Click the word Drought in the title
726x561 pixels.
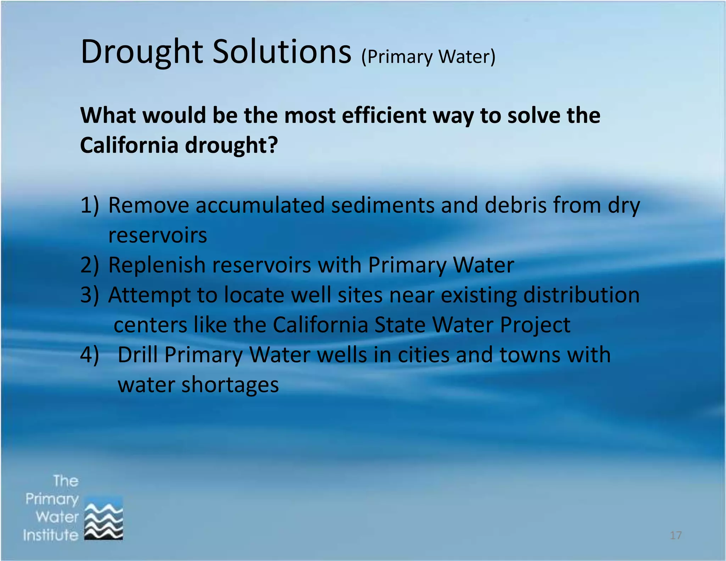[x=141, y=52]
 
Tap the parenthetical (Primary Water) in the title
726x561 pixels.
[x=428, y=57]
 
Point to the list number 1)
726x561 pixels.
[x=89, y=205]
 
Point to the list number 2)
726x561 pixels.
[x=89, y=265]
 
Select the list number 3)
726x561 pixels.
[x=89, y=295]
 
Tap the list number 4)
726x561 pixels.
[x=89, y=355]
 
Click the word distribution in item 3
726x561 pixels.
[x=581, y=295]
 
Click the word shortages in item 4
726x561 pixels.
[x=230, y=385]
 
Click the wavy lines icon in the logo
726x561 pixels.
[x=104, y=518]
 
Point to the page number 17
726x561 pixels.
[x=676, y=535]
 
